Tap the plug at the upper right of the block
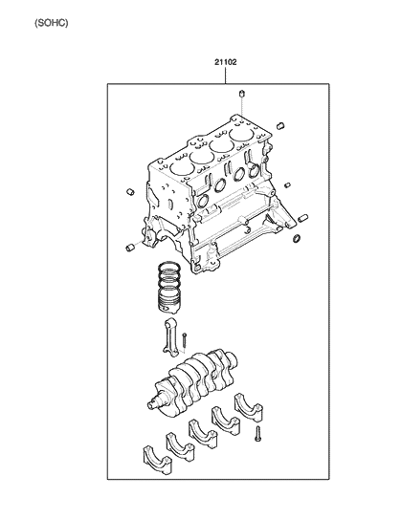point(278,126)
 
